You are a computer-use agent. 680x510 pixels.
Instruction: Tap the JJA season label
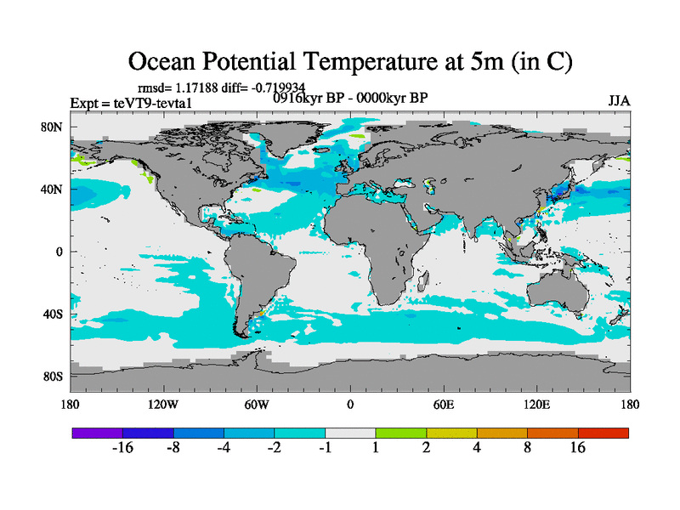coord(619,101)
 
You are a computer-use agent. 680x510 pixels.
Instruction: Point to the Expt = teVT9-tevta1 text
coord(132,103)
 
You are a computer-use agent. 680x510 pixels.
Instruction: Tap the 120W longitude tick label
coord(163,405)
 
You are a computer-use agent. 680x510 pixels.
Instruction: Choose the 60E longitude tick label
coord(443,405)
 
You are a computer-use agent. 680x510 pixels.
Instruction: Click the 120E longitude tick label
coord(536,405)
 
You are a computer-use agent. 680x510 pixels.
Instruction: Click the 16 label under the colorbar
coord(578,449)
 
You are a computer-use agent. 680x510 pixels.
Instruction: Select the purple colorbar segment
coord(98,433)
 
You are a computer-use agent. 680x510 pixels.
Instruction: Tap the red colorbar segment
coord(603,433)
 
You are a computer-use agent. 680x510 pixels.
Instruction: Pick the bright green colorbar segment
coord(400,433)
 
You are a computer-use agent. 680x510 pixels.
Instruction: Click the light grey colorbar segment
coord(350,433)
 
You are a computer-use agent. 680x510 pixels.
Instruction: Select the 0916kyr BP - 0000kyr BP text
coord(349,98)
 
